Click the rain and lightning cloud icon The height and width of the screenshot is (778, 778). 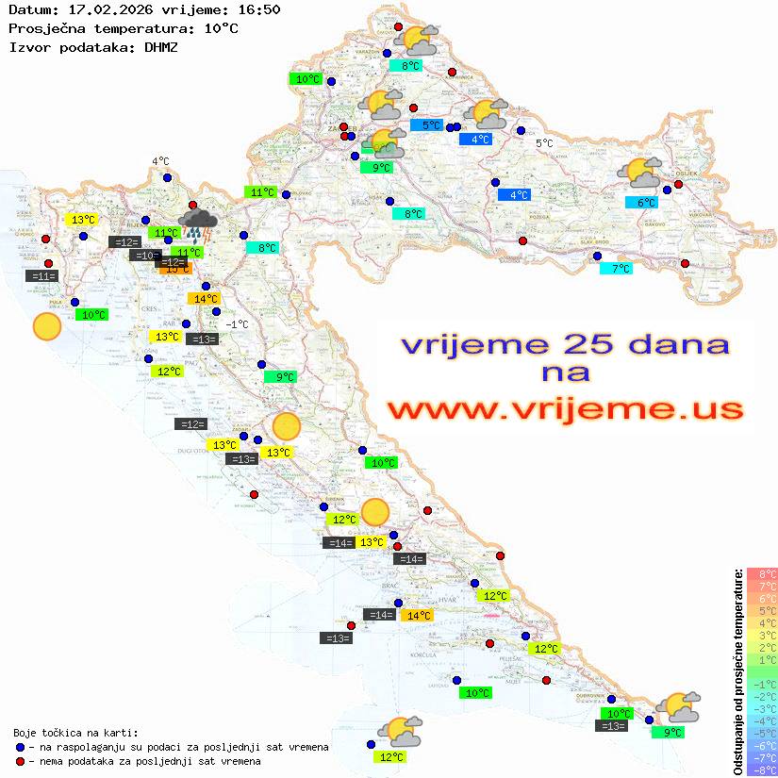[x=199, y=225]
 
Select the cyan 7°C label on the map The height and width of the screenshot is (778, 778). [x=617, y=269]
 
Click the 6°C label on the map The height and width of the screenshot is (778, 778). [x=643, y=203]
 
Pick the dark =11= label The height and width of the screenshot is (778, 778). [x=43, y=276]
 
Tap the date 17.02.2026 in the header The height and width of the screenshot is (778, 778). [x=104, y=9]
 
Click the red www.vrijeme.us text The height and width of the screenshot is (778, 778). [x=565, y=409]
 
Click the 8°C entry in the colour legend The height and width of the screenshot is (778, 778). [x=762, y=574]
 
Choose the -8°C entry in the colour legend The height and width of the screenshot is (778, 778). [x=761, y=770]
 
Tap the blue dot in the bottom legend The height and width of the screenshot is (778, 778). [x=20, y=747]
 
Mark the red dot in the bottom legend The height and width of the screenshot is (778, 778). [x=20, y=761]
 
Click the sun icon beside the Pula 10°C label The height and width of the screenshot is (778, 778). [x=46, y=327]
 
